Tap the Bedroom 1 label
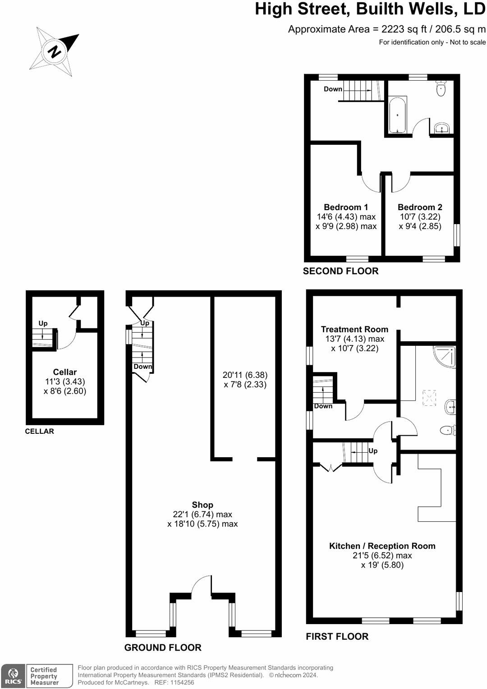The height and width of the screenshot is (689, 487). (346, 207)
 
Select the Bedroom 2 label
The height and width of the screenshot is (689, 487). (420, 207)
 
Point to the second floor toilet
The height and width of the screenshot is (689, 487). (441, 88)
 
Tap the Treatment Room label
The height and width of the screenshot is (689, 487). (354, 330)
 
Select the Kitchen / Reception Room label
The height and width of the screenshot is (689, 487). (382, 546)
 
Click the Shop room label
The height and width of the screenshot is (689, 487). (202, 505)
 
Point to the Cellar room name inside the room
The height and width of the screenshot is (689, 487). (65, 372)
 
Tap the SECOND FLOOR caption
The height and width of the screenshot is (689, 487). (340, 271)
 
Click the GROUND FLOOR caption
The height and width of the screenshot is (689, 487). (163, 648)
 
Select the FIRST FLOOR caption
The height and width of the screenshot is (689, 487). (337, 636)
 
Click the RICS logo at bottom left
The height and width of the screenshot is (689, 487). (13, 676)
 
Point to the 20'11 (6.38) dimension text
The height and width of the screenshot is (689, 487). (245, 375)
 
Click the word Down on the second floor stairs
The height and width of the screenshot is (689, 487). (333, 89)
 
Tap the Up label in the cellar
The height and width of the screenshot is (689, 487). (43, 323)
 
